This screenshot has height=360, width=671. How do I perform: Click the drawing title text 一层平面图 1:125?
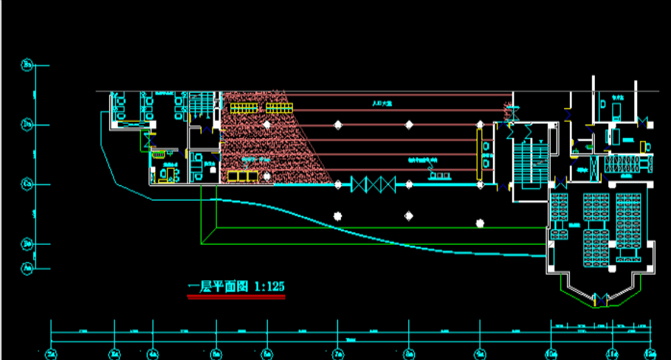tap(236, 286)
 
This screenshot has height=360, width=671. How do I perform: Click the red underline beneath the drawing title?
tap(236, 297)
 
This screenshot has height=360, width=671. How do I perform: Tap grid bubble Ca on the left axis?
tap(27, 182)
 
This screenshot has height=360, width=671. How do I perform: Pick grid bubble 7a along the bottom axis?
tap(338, 355)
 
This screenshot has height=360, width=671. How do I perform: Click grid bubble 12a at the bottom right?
tap(650, 355)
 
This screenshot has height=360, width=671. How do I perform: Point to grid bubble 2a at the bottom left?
tap(51, 355)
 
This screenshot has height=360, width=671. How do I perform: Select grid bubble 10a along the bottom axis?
tap(551, 355)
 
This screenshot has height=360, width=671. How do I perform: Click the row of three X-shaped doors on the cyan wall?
tap(374, 184)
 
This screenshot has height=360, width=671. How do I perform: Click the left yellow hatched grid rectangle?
tap(244, 108)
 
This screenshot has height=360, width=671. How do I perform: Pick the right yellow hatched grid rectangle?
tap(280, 108)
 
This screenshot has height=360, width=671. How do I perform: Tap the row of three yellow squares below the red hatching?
tap(242, 176)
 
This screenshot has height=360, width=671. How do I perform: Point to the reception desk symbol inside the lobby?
tap(440, 174)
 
